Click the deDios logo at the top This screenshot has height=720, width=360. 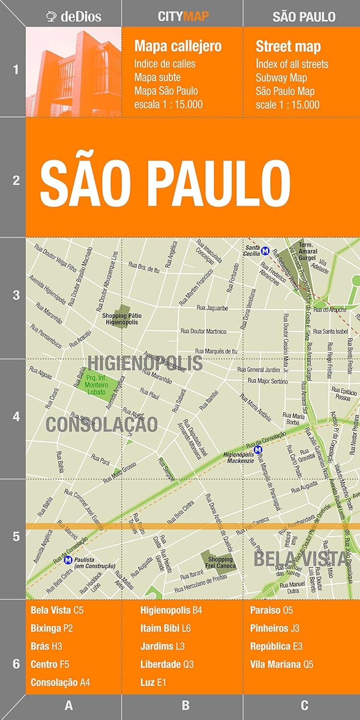pos(73,17)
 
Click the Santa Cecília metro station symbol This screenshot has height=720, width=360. pos(265,250)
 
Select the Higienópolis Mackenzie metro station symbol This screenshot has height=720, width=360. pos(258,450)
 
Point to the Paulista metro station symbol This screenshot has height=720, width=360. pos(68,559)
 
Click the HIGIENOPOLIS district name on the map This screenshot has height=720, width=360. pos(145,363)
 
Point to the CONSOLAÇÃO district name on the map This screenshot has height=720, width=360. pos(101,424)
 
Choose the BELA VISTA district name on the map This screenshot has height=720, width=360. pos(300,559)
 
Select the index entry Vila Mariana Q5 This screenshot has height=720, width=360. pos(281,664)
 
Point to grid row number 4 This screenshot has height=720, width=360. pos(16,416)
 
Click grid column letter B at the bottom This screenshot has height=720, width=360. pos(185,705)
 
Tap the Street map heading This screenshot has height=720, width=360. pos(288,47)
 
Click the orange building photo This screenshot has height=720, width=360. pos(74,72)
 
